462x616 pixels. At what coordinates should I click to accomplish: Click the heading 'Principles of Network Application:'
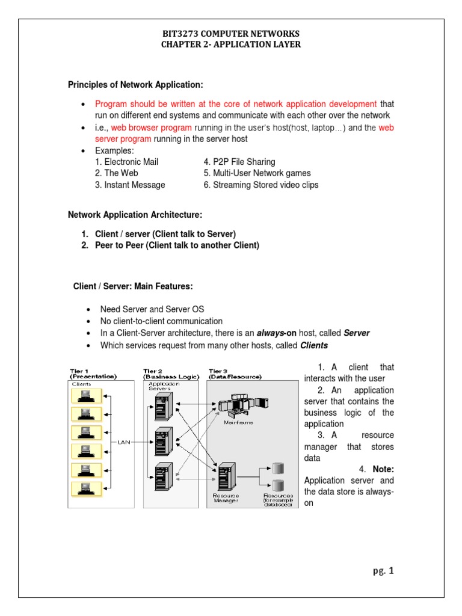pos(135,84)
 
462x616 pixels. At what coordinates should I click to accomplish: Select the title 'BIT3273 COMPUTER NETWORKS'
pos(230,33)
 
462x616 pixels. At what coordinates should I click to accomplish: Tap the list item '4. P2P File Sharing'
pos(239,162)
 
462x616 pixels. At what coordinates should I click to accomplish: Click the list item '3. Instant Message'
pos(130,185)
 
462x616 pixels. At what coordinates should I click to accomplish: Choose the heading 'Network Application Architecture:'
pos(135,215)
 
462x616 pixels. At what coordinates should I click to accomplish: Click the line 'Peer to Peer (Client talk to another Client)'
pos(177,245)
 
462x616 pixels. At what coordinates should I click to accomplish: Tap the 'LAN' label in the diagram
pos(124,442)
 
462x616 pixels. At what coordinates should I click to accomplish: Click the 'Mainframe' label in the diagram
pos(238,422)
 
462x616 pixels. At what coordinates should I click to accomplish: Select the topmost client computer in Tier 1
pos(84,395)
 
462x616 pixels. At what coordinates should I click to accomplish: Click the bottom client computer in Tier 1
pos(84,488)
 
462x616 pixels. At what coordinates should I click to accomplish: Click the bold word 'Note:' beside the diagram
pos(383,469)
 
